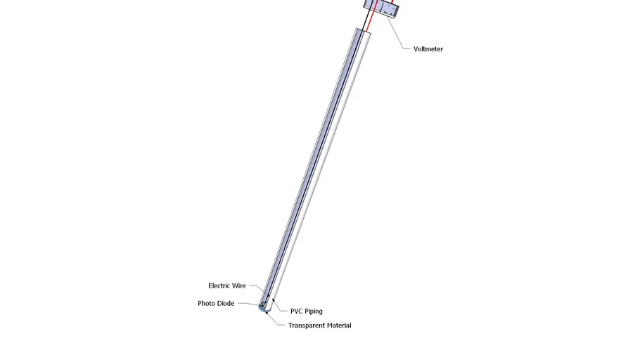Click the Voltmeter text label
coord(428,49)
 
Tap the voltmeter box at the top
coord(381,9)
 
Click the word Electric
coord(219,286)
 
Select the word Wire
coord(238,286)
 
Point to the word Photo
coord(207,304)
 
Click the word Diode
coord(226,304)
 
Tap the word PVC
coord(297,311)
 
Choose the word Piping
coord(314,311)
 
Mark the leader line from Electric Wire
coord(257,289)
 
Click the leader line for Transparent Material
coord(276,321)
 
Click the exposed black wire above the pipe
coord(363,21)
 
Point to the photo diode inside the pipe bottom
coord(264,305)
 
